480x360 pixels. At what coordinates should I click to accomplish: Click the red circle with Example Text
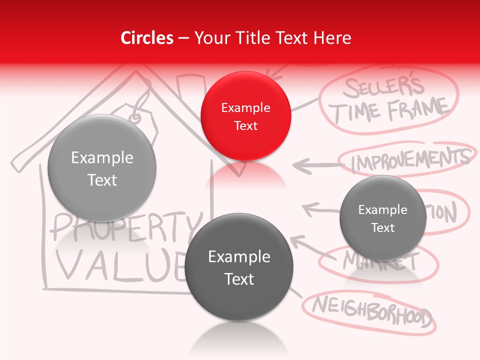point(245,116)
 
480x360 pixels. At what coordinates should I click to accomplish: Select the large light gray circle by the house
point(102,168)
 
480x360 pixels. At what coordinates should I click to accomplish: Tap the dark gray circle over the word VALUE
point(239,267)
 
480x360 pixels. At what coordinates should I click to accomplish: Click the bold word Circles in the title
point(146,38)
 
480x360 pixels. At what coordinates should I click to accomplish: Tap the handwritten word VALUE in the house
point(120,265)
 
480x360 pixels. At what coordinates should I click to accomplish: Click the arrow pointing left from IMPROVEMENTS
point(315,164)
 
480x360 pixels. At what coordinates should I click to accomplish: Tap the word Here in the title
point(333,38)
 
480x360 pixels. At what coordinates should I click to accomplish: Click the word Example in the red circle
point(245,107)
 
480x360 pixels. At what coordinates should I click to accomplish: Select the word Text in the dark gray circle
point(239,279)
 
